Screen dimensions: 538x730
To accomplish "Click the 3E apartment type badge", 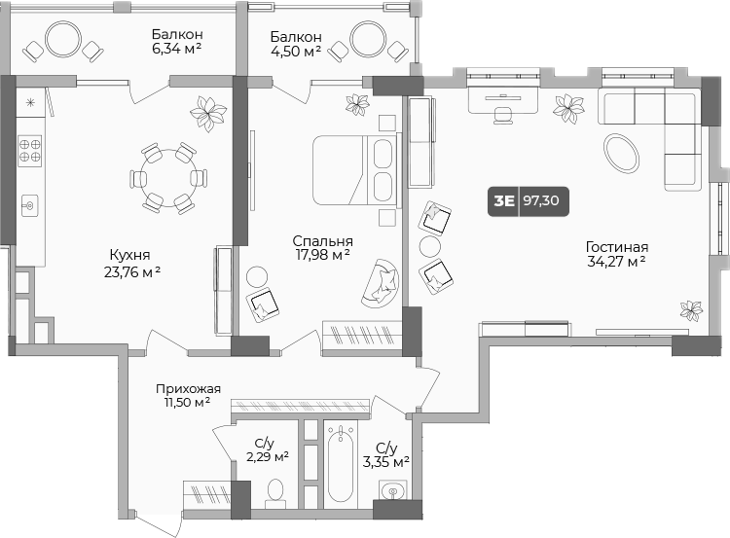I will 504,202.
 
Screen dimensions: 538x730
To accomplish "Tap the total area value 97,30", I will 543,202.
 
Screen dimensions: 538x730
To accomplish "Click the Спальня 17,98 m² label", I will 322,248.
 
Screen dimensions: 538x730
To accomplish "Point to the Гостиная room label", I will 617,254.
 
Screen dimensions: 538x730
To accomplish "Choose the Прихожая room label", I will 188,395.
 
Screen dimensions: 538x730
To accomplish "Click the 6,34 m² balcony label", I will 176,44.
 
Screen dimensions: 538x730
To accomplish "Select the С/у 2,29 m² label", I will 266,448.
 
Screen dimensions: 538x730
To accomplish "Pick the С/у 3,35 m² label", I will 385,454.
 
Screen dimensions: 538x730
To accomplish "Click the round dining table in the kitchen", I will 168,178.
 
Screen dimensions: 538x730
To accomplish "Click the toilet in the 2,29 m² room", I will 275,490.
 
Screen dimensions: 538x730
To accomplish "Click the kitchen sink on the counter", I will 30,205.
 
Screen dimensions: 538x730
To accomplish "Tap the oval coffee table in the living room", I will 621,153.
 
